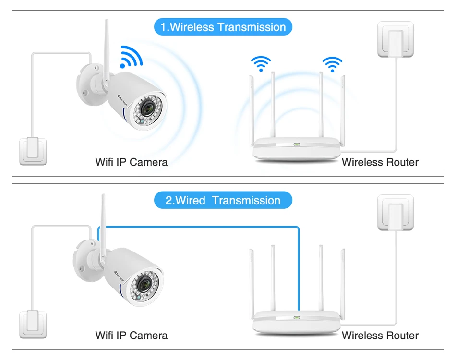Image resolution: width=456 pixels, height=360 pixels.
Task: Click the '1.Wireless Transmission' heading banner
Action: tap(223, 27)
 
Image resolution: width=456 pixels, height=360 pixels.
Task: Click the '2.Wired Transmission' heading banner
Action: tap(223, 200)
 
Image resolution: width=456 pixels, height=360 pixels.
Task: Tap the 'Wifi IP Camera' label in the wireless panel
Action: tap(132, 162)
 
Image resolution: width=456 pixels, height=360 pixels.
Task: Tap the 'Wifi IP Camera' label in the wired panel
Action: tap(132, 335)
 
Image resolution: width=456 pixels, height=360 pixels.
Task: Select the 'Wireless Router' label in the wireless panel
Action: tap(380, 162)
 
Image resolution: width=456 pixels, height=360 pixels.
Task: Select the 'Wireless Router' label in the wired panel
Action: tap(380, 335)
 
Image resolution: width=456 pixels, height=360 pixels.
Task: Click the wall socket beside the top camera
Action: tap(33, 151)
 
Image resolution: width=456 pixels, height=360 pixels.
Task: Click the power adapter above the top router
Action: tap(396, 39)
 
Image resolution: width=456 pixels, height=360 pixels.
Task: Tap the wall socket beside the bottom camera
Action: tap(33, 324)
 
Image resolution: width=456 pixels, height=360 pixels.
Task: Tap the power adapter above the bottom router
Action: tap(396, 213)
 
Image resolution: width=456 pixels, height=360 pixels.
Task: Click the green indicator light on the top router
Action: tap(297, 144)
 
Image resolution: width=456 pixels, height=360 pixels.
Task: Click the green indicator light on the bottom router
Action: tap(297, 317)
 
